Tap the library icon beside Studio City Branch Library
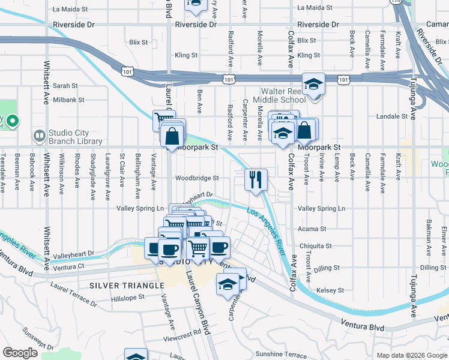(x=40, y=136)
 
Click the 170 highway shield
(x=395, y=2)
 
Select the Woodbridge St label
(x=197, y=178)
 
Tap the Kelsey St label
(x=330, y=290)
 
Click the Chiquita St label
(x=316, y=246)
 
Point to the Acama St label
(x=312, y=229)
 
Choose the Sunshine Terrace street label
(x=281, y=355)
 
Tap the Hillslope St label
(x=128, y=297)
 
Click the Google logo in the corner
(x=20, y=353)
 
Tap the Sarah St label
(x=66, y=86)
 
